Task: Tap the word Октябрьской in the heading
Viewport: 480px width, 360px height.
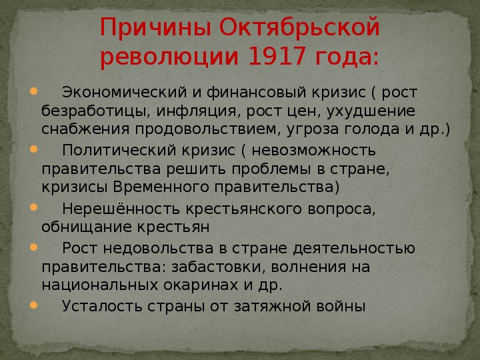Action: (x=300, y=27)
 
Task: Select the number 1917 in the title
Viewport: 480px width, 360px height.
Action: (x=277, y=56)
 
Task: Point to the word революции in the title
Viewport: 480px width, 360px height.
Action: (x=169, y=57)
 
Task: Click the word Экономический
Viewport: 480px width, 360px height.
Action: (x=124, y=93)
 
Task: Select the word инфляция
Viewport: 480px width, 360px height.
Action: (x=197, y=111)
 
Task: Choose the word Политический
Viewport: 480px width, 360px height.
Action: (x=119, y=151)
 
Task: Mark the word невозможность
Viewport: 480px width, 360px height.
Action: (x=313, y=151)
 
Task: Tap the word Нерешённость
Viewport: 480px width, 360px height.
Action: (x=121, y=209)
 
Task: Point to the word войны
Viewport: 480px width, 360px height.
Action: (x=341, y=306)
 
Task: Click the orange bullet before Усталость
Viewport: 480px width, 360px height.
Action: (x=33, y=305)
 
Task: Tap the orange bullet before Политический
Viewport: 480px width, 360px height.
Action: (x=33, y=149)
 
